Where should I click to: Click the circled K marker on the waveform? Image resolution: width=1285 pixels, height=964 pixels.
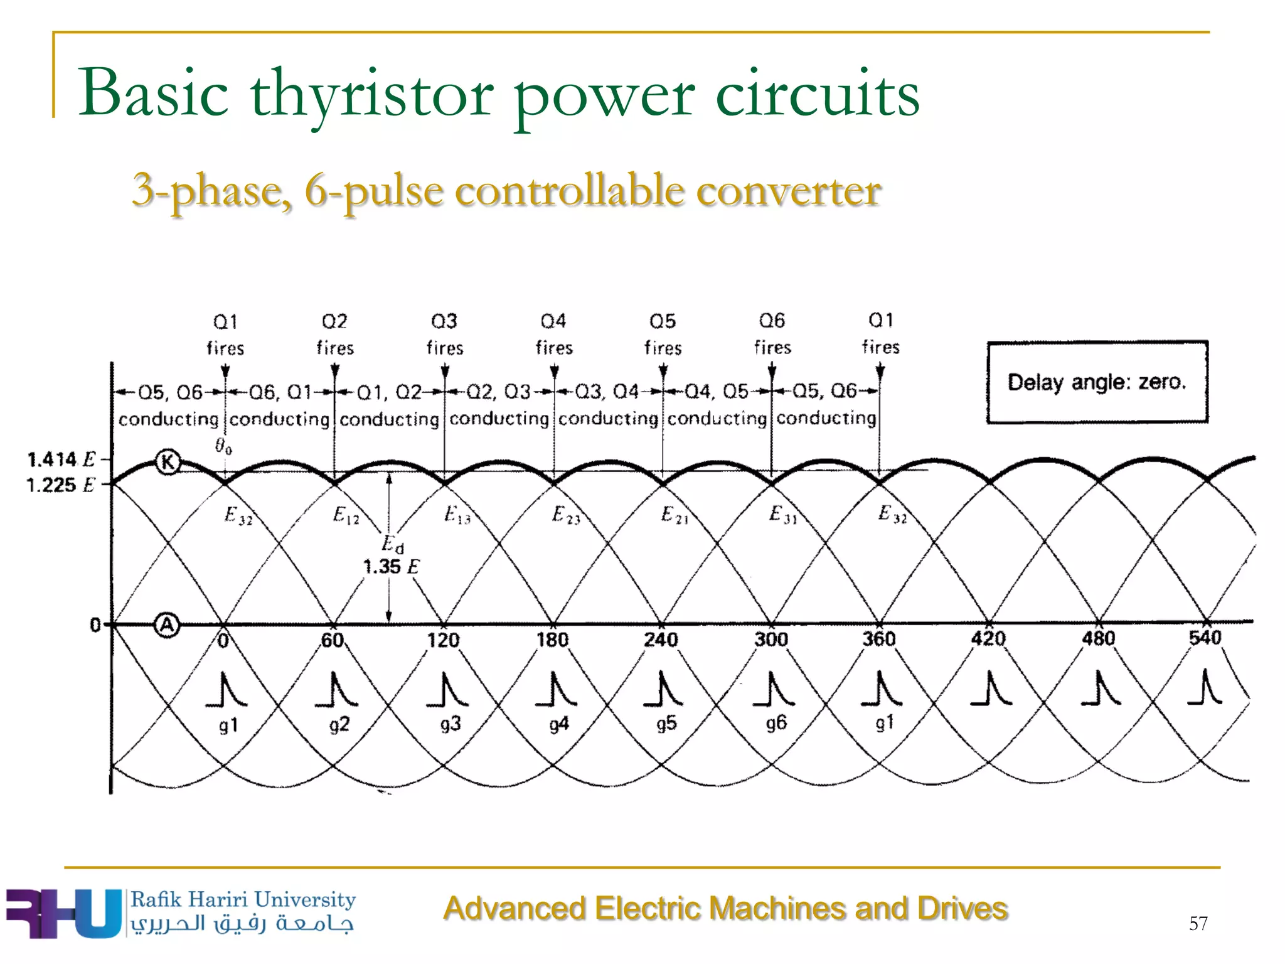point(168,463)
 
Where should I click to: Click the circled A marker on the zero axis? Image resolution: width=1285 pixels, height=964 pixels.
point(167,625)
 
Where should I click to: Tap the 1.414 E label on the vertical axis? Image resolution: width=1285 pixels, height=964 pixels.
point(61,459)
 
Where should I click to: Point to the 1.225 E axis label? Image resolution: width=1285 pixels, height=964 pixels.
point(60,485)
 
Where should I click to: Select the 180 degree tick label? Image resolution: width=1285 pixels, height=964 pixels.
point(552,640)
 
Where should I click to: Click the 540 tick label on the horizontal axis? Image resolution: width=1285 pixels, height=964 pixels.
point(1205,638)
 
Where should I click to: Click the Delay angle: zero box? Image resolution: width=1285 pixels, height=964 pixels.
point(1097,382)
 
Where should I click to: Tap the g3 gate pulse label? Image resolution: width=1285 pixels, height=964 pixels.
point(451,724)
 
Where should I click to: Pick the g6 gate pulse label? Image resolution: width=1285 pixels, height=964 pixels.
point(776,723)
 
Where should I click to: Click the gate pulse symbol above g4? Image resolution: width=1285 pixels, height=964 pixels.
point(556,689)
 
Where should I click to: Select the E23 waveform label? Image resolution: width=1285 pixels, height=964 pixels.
point(566,515)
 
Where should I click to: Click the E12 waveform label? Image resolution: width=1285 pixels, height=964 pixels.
point(346,516)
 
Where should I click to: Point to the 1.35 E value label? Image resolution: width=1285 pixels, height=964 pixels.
point(391,567)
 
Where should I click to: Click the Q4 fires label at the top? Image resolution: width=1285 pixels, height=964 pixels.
point(554,334)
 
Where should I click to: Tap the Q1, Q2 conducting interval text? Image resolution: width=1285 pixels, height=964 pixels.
point(389,405)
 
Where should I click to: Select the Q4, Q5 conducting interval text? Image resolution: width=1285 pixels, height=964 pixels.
point(717,404)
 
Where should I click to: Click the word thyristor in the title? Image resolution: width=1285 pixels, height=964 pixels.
point(371,94)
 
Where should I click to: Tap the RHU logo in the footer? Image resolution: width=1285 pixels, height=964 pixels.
point(63,913)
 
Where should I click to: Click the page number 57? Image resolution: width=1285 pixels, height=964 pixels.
point(1198,923)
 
